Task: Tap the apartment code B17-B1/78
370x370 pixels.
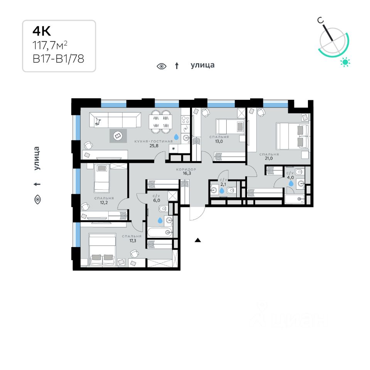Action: pyautogui.click(x=58, y=59)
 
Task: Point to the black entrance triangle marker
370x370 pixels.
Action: pyautogui.click(x=198, y=240)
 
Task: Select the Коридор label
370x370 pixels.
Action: pyautogui.click(x=186, y=169)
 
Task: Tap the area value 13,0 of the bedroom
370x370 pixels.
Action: pyautogui.click(x=219, y=141)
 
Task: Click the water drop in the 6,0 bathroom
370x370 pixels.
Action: pyautogui.click(x=160, y=220)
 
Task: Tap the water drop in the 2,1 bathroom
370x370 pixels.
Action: pyautogui.click(x=222, y=190)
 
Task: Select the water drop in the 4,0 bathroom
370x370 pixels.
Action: pyautogui.click(x=291, y=183)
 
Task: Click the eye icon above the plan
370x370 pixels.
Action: pyautogui.click(x=161, y=66)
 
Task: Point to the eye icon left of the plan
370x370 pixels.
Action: pyautogui.click(x=37, y=199)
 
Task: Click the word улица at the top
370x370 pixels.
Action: pyautogui.click(x=202, y=65)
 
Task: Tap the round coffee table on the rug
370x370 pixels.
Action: pyautogui.click(x=118, y=135)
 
